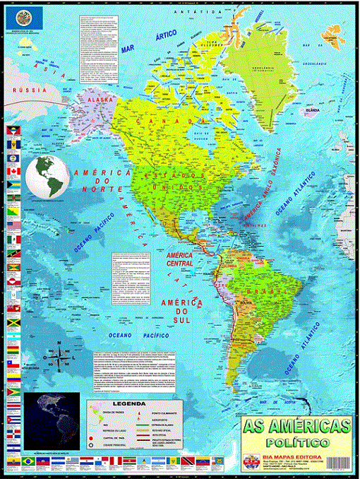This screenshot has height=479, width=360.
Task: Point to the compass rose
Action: pos(59,357)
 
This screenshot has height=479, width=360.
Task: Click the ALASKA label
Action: pos(100,100)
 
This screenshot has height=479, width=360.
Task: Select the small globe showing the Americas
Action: pos(46,177)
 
